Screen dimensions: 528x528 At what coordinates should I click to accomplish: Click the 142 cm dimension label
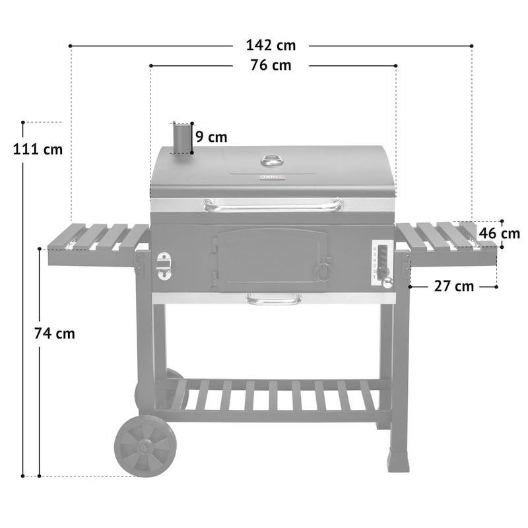click(x=271, y=46)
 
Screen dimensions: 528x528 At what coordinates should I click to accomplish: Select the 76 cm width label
click(x=271, y=65)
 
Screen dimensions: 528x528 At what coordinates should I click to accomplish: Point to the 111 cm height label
click(x=38, y=149)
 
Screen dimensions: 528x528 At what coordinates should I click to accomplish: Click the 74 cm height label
click(x=54, y=334)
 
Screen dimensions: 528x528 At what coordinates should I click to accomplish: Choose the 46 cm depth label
click(x=499, y=234)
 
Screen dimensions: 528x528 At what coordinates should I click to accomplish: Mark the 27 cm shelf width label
click(x=454, y=286)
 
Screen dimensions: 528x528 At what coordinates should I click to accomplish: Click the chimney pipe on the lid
click(x=181, y=139)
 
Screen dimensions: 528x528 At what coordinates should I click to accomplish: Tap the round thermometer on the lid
click(x=271, y=160)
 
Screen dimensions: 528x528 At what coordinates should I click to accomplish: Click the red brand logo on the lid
click(x=271, y=177)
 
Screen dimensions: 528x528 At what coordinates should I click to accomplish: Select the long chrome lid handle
click(x=273, y=206)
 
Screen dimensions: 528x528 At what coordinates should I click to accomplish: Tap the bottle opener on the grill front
click(x=164, y=265)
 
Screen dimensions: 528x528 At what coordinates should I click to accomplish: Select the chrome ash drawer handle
click(x=273, y=300)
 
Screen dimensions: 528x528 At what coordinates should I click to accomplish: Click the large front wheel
click(x=145, y=445)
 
